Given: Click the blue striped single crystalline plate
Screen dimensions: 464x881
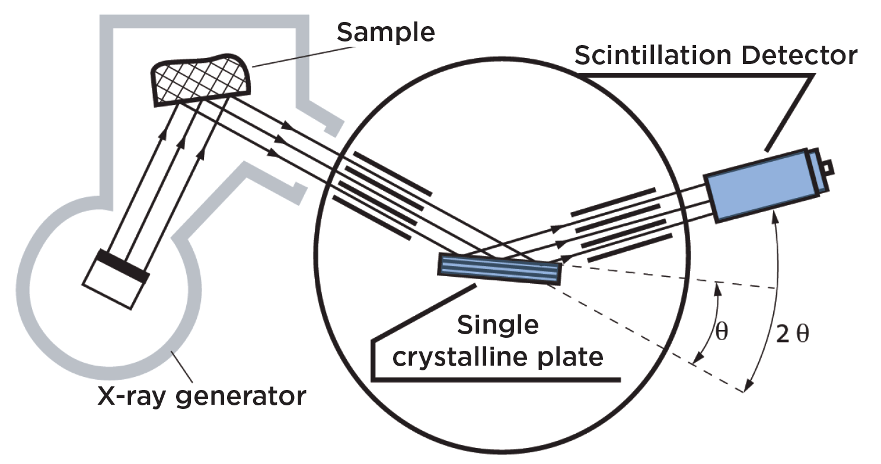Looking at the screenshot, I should [x=499, y=268].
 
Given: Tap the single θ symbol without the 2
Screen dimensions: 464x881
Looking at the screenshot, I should [x=721, y=331].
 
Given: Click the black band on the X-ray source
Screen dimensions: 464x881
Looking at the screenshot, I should [x=123, y=265].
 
